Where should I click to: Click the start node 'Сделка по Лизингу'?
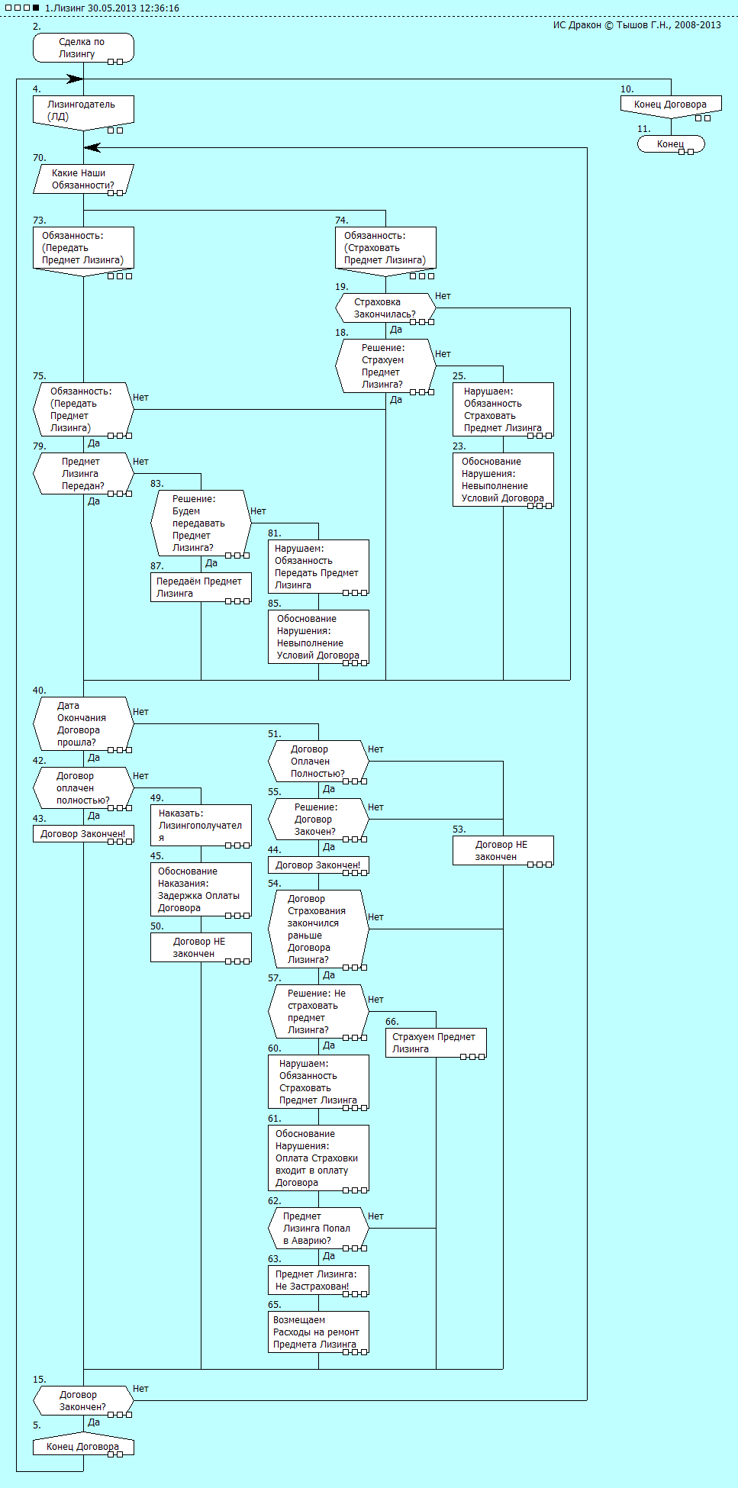click(83, 47)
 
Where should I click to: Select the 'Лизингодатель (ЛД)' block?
click(83, 111)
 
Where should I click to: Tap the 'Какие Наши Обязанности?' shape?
click(83, 179)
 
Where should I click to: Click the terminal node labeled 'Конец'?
click(671, 144)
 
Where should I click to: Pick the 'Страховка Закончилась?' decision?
click(385, 308)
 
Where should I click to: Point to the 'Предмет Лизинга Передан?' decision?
click(83, 474)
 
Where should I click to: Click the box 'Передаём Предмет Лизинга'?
click(201, 588)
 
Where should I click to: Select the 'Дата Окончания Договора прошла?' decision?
click(83, 724)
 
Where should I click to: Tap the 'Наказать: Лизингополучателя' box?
click(201, 826)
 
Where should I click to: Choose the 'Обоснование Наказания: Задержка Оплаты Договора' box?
click(201, 890)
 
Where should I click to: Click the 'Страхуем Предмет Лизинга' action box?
click(436, 1043)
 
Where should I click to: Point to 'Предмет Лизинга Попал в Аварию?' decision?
click(318, 1229)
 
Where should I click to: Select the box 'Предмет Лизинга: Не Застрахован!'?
click(318, 1280)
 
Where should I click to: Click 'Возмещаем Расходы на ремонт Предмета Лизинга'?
click(318, 1332)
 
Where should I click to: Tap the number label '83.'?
click(156, 484)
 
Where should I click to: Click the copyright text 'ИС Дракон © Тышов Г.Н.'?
click(636, 25)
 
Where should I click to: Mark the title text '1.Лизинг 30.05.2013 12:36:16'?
click(111, 8)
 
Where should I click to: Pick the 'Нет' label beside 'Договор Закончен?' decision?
click(140, 1389)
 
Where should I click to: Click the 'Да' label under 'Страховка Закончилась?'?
click(396, 330)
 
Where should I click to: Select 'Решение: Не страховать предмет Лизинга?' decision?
click(318, 1012)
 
